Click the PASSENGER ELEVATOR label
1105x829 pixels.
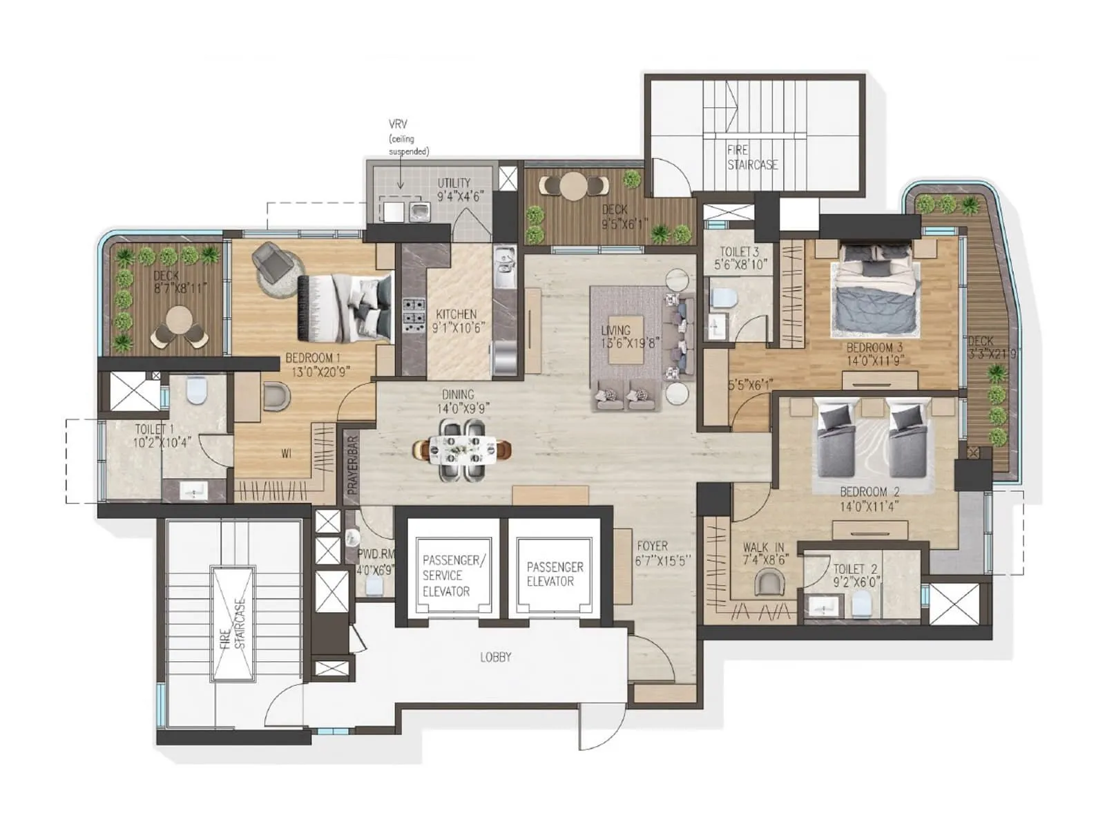(555, 573)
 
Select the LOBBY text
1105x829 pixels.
(495, 657)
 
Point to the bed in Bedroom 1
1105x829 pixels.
(344, 307)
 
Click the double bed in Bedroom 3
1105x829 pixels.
(876, 287)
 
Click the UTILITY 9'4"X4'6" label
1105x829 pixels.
(459, 189)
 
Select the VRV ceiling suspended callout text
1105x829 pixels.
(407, 138)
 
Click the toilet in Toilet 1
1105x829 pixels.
(197, 391)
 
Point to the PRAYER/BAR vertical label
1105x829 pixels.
(352, 464)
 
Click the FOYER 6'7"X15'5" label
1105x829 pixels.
(662, 553)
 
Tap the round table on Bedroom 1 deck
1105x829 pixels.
(180, 320)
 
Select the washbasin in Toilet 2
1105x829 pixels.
(824, 608)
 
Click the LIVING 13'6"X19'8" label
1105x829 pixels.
(615, 336)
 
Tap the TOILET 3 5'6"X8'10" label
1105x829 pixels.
(740, 258)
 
